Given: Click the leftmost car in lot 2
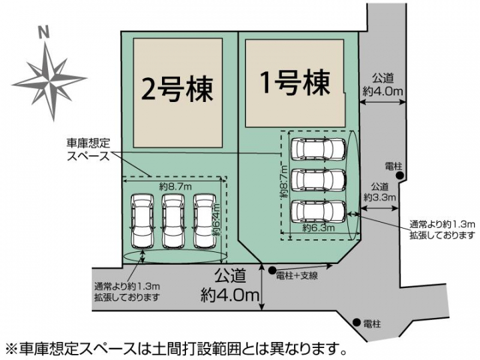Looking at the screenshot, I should click(x=141, y=221).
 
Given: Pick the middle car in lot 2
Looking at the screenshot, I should click(x=173, y=221).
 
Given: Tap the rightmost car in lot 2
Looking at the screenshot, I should click(x=205, y=221).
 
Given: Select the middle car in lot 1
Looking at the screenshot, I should click(x=318, y=180).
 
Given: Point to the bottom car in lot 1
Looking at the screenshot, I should click(x=318, y=211).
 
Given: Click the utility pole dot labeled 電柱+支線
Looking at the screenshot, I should click(x=271, y=271).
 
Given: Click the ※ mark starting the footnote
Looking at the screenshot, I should click(x=11, y=348).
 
